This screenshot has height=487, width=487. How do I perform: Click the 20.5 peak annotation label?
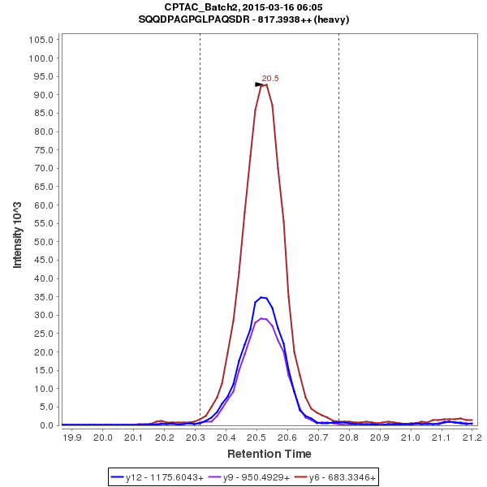pyautogui.click(x=270, y=79)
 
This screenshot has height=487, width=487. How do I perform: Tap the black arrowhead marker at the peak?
pyautogui.click(x=260, y=84)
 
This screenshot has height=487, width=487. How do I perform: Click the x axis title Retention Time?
pyautogui.click(x=268, y=453)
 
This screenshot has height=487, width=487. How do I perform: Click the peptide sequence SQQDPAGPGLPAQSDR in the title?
pyautogui.click(x=206, y=19)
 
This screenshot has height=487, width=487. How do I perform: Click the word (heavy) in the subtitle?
pyautogui.click(x=332, y=19)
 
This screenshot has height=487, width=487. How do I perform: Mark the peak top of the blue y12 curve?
pyautogui.click(x=261, y=297)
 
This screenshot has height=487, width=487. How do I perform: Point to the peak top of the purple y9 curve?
pyautogui.click(x=261, y=318)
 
